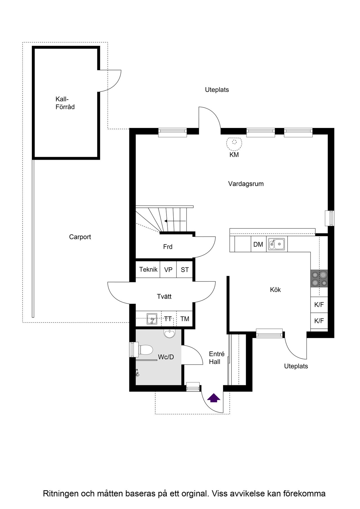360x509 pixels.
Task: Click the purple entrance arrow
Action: (214, 398)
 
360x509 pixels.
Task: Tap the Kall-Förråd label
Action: (65, 103)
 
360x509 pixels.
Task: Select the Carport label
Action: (80, 237)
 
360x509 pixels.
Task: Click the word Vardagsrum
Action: (246, 184)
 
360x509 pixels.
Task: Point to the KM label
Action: (234, 155)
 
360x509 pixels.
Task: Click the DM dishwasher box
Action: (258, 244)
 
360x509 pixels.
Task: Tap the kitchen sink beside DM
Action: (276, 244)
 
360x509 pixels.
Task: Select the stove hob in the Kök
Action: (319, 278)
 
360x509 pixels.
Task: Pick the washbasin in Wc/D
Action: (169, 333)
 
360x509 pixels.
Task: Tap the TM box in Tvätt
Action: (185, 319)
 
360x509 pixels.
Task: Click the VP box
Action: (168, 270)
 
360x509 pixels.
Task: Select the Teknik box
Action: (148, 270)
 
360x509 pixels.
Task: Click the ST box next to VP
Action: (184, 270)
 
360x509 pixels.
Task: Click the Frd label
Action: (168, 247)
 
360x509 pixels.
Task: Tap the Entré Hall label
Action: (217, 358)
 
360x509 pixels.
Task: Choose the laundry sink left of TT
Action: (152, 319)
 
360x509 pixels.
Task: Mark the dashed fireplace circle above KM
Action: (234, 142)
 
